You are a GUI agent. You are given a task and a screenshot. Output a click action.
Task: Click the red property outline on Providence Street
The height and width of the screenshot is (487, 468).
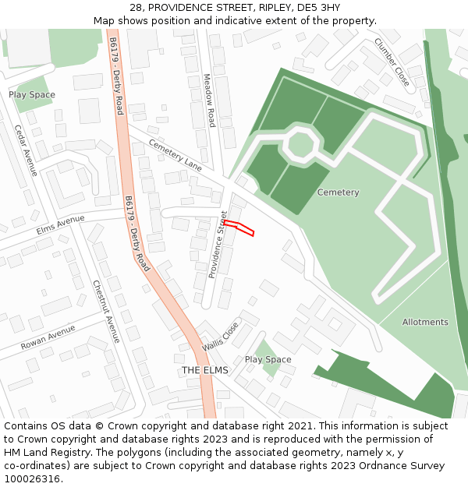click(x=239, y=228)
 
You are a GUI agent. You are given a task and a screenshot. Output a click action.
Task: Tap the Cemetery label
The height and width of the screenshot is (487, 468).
click(x=338, y=192)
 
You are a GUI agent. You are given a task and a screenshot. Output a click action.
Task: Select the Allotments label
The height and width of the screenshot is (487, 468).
click(x=425, y=322)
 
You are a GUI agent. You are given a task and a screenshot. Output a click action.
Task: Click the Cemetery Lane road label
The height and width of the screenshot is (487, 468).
click(x=175, y=155)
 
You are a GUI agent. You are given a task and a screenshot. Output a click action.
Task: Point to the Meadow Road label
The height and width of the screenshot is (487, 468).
click(x=208, y=101)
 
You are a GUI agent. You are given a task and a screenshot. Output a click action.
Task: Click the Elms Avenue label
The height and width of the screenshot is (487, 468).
click(x=60, y=225)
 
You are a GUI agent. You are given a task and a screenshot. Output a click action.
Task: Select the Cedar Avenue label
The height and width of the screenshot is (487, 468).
click(x=26, y=150)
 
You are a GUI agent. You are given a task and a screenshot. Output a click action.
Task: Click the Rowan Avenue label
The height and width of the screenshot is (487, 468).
click(x=48, y=337)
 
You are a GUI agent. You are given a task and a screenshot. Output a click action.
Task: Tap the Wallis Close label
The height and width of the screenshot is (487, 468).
click(x=220, y=337)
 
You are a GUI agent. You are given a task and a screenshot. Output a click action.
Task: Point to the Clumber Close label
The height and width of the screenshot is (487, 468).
click(x=391, y=62)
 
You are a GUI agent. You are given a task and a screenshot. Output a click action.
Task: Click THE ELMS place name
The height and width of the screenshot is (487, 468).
click(x=205, y=370)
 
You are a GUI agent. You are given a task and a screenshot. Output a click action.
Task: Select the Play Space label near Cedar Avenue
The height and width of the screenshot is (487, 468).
click(x=32, y=95)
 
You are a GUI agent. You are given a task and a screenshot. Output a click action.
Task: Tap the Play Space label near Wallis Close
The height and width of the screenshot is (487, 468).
click(x=268, y=360)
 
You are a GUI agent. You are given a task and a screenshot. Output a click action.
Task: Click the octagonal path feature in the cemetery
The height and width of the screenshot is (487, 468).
click(x=300, y=144)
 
